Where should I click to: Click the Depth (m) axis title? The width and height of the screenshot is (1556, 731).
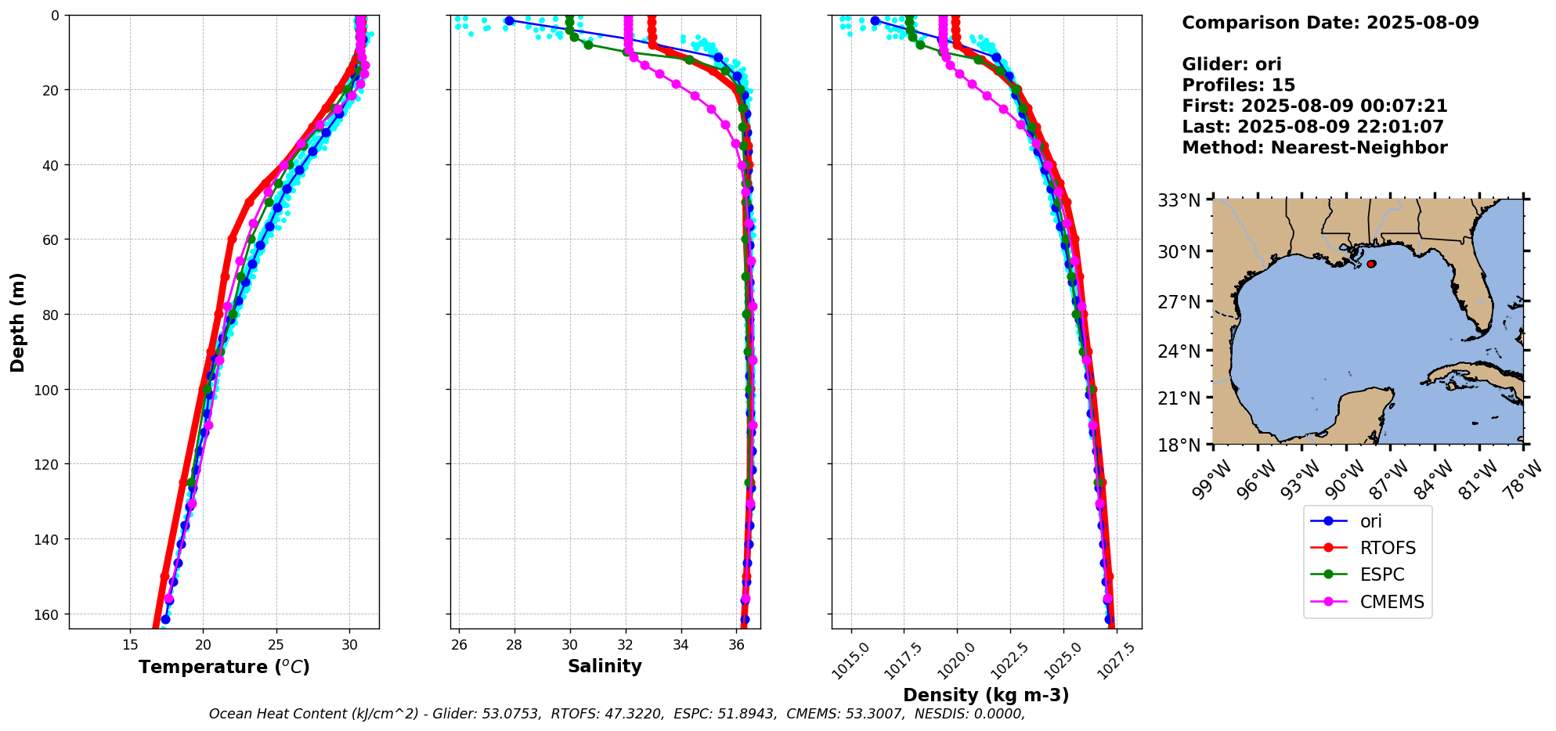point(17,322)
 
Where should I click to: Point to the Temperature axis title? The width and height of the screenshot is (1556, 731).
point(224,667)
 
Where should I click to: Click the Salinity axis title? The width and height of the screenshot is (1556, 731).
point(605,667)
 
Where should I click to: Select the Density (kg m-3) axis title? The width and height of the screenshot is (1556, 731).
point(986,695)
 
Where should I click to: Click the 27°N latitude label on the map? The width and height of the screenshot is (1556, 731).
point(1179,302)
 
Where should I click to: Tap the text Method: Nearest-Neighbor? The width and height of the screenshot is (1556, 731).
point(1314,148)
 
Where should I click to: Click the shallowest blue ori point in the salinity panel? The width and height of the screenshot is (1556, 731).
point(509,20)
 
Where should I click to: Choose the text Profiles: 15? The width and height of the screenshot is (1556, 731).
point(1238,85)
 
